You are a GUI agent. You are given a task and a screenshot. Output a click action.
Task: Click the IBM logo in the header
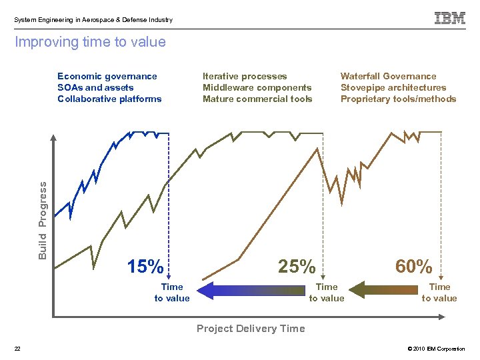450,19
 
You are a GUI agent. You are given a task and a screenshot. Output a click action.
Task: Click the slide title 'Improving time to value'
90,43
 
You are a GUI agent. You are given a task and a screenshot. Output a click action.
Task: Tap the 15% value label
145,267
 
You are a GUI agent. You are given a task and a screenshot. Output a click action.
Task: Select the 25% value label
297,267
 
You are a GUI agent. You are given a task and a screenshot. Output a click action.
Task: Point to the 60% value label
414,267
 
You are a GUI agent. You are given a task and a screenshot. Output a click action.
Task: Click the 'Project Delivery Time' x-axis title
250,328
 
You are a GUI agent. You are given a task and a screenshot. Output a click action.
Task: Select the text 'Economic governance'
107,77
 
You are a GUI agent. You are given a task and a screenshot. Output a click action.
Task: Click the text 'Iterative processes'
245,77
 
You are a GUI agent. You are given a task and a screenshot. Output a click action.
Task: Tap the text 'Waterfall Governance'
388,77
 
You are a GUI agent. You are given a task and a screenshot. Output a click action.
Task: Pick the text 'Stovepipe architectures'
393,88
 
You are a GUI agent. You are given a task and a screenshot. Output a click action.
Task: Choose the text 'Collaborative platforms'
109,99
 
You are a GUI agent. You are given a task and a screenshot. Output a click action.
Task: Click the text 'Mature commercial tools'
257,99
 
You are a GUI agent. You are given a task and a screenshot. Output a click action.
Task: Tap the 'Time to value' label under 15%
172,293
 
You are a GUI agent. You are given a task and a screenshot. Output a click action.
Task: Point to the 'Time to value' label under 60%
439,293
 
